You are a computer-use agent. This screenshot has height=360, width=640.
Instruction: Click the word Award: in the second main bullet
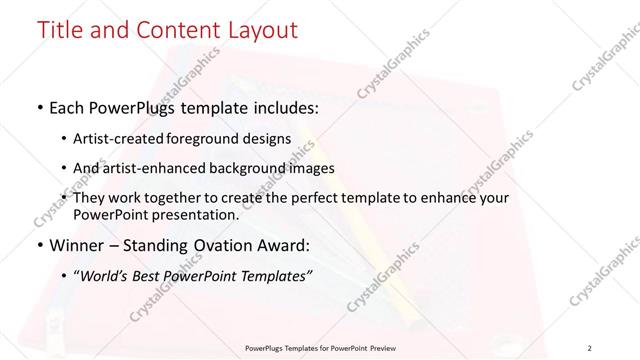[x=288, y=243]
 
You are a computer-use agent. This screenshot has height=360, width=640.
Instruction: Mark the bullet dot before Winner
[x=38, y=244]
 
